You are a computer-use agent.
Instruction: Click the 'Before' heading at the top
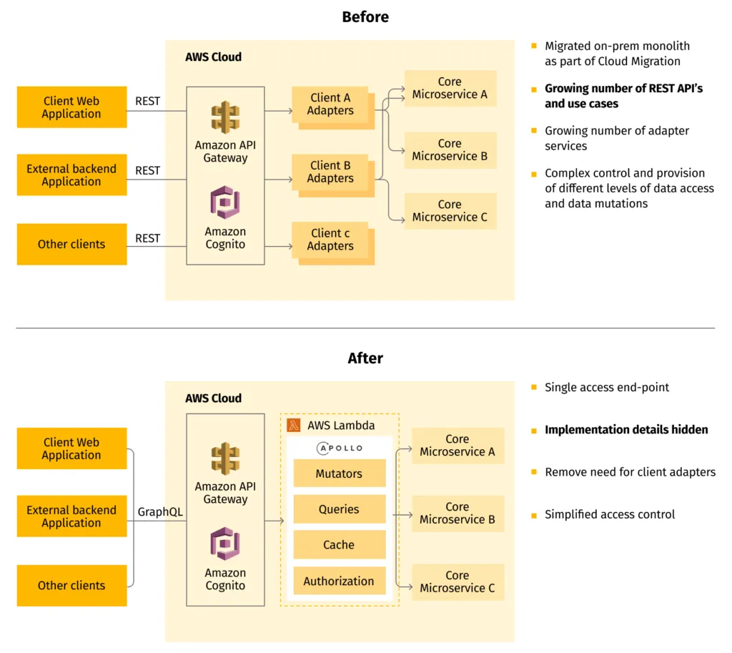coord(365,17)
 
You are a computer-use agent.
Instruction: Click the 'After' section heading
coord(365,358)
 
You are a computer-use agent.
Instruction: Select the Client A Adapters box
coord(330,104)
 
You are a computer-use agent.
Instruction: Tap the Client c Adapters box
coord(330,240)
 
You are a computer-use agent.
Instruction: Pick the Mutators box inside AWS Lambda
coord(339,473)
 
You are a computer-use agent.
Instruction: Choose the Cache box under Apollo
coord(339,545)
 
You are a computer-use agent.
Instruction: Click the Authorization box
coord(339,581)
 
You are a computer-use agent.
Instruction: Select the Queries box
coord(339,509)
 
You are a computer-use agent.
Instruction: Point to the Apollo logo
coord(340,448)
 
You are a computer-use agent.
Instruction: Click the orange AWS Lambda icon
coord(294,426)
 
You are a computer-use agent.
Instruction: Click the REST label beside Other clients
coord(148,238)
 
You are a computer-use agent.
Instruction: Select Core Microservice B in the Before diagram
coord(450,150)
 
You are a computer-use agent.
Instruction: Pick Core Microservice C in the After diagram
coord(457,581)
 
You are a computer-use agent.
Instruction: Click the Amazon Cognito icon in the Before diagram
coord(225,202)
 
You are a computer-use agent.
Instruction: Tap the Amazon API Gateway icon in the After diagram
coord(225,458)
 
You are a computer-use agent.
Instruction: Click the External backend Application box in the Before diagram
coord(71,175)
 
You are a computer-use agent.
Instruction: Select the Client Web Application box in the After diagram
coord(71,448)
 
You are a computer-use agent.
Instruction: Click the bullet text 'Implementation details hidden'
coord(626,430)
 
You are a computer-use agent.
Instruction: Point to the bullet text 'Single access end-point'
coord(607,388)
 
